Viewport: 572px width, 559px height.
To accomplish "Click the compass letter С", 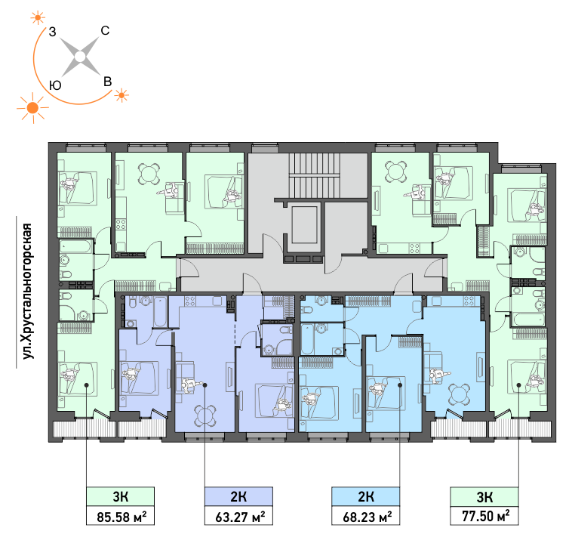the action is tap(105, 31).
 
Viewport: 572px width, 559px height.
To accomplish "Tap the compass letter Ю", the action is tap(55, 86).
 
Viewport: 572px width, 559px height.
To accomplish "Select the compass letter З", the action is tap(53, 32).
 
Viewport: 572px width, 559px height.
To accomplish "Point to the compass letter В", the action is tap(107, 82).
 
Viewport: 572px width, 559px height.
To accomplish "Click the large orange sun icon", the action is tap(33, 108).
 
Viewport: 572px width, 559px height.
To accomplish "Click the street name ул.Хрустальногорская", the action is tap(27, 291).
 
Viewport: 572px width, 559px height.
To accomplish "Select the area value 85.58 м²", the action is tap(121, 517).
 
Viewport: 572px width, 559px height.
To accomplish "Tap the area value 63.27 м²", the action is tap(240, 517).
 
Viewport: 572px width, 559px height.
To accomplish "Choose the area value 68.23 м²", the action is tap(367, 517).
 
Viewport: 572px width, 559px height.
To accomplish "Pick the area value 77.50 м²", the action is tap(485, 516).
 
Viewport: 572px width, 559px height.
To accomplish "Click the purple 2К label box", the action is tap(238, 496).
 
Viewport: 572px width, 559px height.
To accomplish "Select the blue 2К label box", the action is tap(365, 496).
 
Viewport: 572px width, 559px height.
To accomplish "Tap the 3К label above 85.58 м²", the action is tap(121, 496).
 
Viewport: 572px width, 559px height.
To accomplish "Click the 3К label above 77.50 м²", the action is tap(484, 496).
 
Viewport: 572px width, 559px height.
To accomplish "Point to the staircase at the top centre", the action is tap(315, 175).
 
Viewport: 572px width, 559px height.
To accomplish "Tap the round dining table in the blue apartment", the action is tap(459, 394).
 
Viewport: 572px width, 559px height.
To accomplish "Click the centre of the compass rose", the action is tap(80, 57).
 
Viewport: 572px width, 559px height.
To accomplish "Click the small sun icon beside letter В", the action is tap(121, 95).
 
